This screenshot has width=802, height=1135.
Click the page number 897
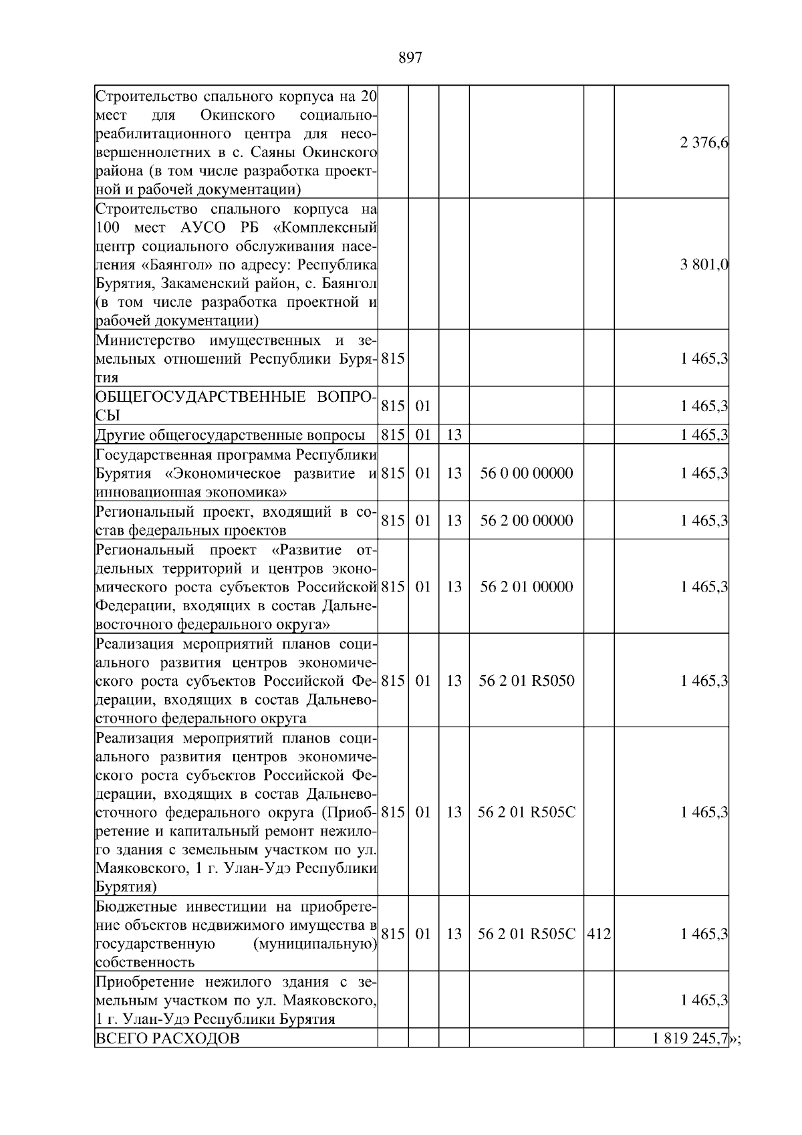[410, 58]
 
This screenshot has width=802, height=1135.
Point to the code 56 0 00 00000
[526, 473]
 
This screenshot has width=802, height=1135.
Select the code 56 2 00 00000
[526, 521]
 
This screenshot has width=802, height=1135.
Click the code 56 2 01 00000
[526, 587]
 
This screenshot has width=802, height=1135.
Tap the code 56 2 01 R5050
[526, 681]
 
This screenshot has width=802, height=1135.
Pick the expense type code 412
[598, 934]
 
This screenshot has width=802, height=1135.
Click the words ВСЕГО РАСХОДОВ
[167, 1057]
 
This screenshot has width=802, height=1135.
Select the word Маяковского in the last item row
[327, 1001]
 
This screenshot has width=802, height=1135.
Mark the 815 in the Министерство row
[393, 359]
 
